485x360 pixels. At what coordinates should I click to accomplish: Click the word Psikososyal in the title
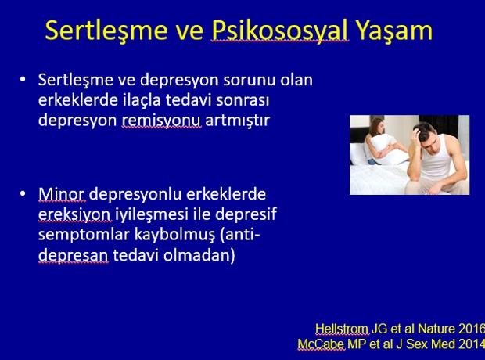pyautogui.click(x=280, y=31)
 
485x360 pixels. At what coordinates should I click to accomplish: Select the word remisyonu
pyautogui.click(x=161, y=120)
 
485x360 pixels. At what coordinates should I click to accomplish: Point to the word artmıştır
pyautogui.click(x=238, y=120)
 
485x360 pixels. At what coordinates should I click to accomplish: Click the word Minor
pyautogui.click(x=62, y=194)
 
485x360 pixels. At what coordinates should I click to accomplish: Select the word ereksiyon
pyautogui.click(x=74, y=214)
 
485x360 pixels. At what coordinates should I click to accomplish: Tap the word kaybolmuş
pyautogui.click(x=174, y=235)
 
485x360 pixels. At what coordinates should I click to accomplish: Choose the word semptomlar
pyautogui.click(x=84, y=235)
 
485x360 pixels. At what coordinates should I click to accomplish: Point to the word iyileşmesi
pyautogui.click(x=152, y=214)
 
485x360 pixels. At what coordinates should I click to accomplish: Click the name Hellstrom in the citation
pyautogui.click(x=342, y=329)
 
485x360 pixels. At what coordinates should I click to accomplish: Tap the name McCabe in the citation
pyautogui.click(x=321, y=344)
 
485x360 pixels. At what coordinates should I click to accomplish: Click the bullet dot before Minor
pyautogui.click(x=23, y=194)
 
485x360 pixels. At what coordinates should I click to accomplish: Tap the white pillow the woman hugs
pyautogui.click(x=387, y=149)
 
